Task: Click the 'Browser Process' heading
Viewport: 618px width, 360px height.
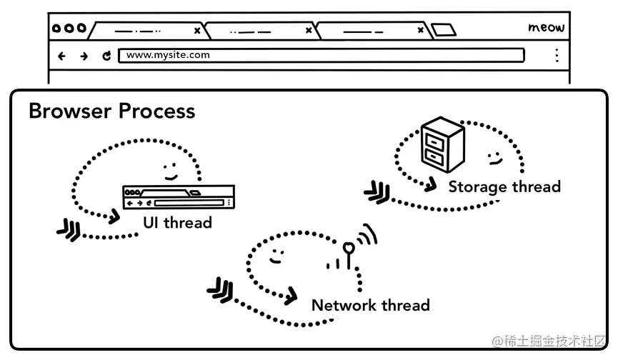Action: tap(111, 111)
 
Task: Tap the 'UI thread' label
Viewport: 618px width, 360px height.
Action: tap(177, 223)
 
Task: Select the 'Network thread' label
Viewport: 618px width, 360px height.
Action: tap(370, 306)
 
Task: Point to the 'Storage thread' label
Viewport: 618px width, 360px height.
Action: tap(504, 187)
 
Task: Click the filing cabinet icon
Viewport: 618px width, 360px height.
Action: tap(442, 145)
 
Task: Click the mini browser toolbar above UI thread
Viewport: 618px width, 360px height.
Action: tap(178, 197)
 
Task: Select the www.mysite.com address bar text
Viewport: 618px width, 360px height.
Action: tap(168, 55)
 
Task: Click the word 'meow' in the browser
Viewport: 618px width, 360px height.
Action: tap(546, 28)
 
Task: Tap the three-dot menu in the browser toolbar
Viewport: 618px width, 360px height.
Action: tap(557, 56)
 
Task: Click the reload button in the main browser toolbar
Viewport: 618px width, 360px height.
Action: tap(106, 56)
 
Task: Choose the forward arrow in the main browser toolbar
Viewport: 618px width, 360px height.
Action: tap(84, 56)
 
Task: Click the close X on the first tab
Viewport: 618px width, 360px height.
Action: tap(197, 31)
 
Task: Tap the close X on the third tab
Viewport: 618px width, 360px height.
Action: tap(419, 31)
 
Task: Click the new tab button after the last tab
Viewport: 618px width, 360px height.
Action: tap(443, 30)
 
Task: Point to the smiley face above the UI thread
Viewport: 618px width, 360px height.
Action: tap(170, 171)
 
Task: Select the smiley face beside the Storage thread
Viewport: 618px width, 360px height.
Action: tap(493, 156)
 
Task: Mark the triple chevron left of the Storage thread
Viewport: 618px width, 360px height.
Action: tap(377, 191)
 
